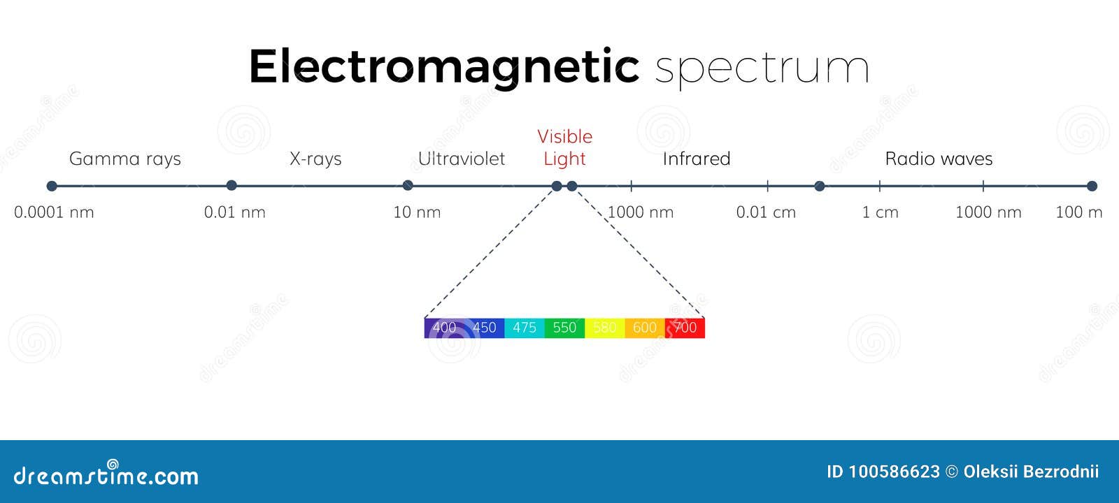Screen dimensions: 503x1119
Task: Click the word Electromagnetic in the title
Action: [x=443, y=67]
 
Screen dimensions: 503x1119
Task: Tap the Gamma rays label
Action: [x=124, y=159]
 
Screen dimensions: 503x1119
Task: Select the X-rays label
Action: [x=315, y=159]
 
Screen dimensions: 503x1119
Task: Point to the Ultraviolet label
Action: [x=461, y=159]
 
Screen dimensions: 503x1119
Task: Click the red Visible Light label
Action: [x=564, y=147]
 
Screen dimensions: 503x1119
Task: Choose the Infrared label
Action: [x=696, y=159]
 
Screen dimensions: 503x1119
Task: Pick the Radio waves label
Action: [x=939, y=159]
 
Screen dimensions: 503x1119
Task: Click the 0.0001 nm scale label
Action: [x=54, y=212]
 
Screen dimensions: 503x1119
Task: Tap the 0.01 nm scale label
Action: [x=234, y=212]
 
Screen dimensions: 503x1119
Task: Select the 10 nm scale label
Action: [x=417, y=212]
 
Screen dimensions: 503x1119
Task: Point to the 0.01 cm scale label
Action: [x=766, y=212]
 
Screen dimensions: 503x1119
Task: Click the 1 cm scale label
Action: [x=880, y=212]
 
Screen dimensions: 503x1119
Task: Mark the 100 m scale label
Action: [x=1078, y=212]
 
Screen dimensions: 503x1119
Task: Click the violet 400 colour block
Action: [x=444, y=328]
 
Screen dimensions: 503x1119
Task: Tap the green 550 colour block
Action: [x=564, y=328]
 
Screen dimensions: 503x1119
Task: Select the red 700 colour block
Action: [x=685, y=328]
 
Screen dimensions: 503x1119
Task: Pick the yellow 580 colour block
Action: [x=604, y=328]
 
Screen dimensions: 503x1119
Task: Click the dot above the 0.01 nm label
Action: [x=231, y=185]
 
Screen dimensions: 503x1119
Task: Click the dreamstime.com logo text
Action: [x=106, y=475]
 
